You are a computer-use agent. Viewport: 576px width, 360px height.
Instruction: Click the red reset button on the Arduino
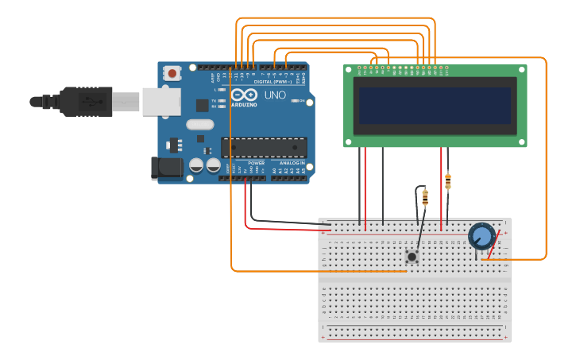point(172,74)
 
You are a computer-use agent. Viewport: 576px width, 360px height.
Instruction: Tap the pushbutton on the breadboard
point(412,256)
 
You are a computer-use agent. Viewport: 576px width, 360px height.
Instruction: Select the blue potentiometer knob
point(481,236)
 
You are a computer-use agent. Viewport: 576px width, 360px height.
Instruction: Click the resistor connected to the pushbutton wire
point(425,196)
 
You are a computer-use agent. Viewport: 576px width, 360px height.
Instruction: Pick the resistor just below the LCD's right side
point(448,181)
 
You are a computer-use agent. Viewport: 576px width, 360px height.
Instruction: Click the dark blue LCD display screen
point(435,105)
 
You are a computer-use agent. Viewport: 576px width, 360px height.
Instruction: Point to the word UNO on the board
point(275,95)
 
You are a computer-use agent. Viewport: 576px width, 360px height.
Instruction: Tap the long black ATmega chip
point(264,147)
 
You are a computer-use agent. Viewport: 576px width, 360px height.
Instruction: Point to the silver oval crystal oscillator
point(200,124)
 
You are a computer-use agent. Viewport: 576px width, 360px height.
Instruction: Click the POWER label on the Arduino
point(256,163)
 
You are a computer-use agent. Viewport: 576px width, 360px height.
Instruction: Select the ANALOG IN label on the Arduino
point(292,163)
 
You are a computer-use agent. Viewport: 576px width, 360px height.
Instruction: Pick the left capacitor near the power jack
point(196,165)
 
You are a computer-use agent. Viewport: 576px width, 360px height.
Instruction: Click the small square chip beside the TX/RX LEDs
point(203,105)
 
